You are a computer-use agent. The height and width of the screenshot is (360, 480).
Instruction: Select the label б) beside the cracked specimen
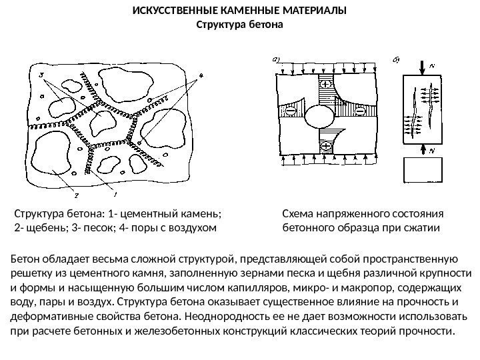click(x=395, y=60)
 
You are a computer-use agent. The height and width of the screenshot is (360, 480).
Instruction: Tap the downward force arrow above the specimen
click(x=421, y=67)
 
